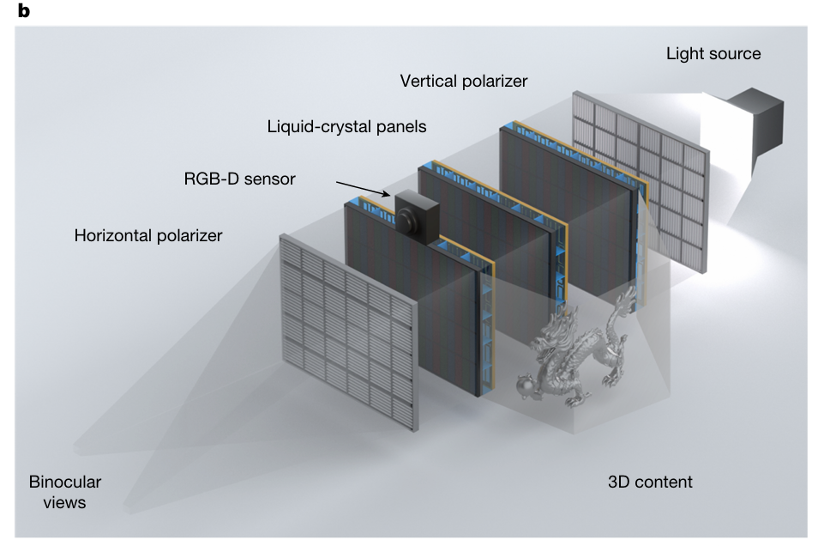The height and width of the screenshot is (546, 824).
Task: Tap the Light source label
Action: [x=713, y=53]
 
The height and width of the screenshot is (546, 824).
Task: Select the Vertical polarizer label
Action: [x=464, y=81]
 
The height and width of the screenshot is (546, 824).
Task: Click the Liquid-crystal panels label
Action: [x=346, y=126]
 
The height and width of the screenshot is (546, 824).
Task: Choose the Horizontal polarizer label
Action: [x=148, y=234]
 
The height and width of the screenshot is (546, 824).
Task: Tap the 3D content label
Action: [x=649, y=482]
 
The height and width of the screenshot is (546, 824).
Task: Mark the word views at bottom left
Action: [x=64, y=502]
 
